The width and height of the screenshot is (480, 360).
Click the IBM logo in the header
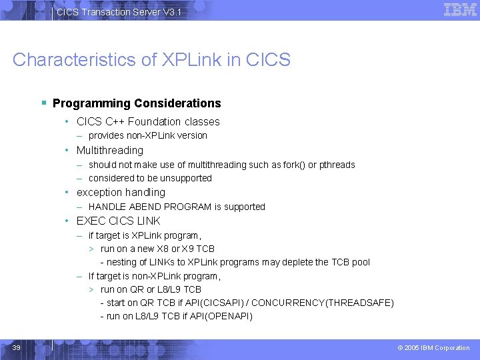(x=460, y=10)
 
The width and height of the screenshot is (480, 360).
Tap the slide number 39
(x=17, y=347)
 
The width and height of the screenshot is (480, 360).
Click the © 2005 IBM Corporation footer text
(x=433, y=348)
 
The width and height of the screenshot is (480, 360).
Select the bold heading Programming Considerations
(x=137, y=103)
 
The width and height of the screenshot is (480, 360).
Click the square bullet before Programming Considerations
(x=43, y=103)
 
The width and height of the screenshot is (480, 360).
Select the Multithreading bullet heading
(x=109, y=151)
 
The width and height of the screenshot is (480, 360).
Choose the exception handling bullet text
(x=121, y=193)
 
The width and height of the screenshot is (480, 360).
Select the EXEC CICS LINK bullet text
(x=118, y=221)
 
